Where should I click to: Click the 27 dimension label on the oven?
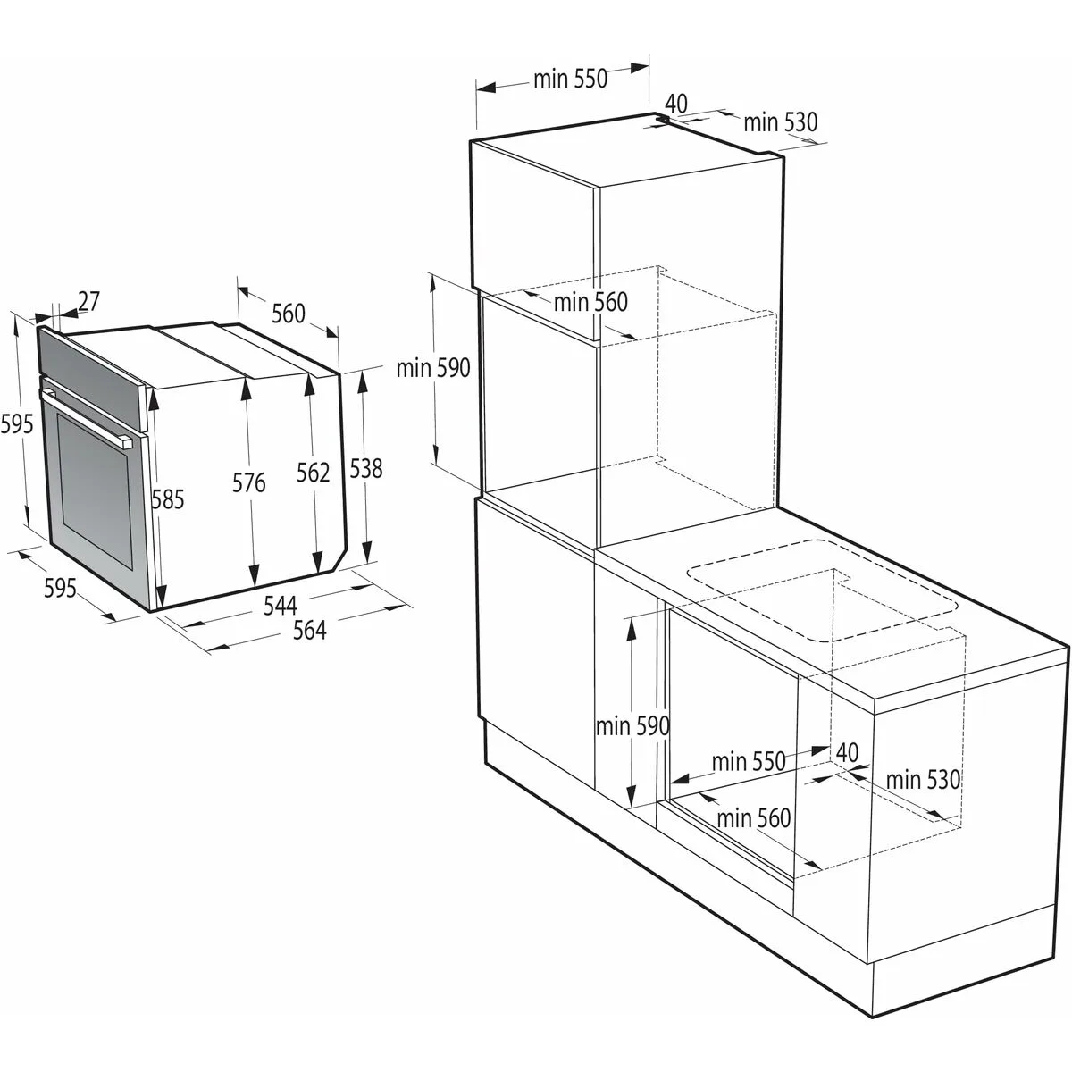(88, 302)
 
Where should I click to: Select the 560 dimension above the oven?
(288, 314)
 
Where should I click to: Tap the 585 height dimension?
(167, 500)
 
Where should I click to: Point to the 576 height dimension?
(248, 483)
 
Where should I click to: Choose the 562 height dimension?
(313, 473)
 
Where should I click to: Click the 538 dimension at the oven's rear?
(365, 468)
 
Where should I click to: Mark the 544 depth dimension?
(280, 606)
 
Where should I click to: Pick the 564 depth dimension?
(309, 630)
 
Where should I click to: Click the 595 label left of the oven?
(17, 423)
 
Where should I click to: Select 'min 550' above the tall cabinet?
(570, 79)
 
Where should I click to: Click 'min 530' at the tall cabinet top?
(780, 121)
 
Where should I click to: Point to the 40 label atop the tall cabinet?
(676, 104)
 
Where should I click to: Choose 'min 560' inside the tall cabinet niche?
(590, 302)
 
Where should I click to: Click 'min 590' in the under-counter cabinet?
(632, 726)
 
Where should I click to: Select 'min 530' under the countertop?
(923, 780)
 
